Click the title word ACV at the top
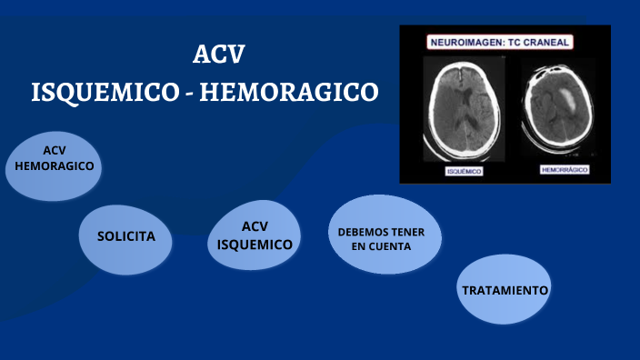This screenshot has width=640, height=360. point(219,55)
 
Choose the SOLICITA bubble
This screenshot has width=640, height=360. point(126,236)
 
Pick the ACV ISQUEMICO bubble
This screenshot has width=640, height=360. point(255,235)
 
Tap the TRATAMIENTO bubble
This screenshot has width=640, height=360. point(505,291)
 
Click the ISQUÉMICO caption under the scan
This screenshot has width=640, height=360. point(464,171)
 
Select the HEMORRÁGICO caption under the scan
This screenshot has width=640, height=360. point(565,170)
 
